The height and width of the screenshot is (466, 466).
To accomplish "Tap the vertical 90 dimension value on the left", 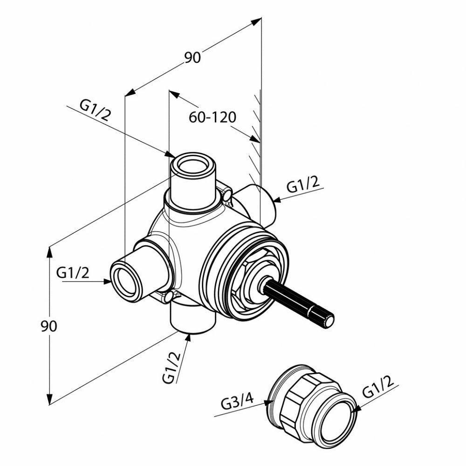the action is (x=48, y=326).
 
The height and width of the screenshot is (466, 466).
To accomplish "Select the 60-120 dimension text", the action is (x=212, y=117).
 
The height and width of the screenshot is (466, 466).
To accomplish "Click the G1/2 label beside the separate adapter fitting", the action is (x=377, y=388).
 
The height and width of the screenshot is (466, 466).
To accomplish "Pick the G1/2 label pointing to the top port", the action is (x=95, y=111).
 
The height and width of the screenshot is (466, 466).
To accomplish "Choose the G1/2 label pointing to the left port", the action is (x=73, y=273).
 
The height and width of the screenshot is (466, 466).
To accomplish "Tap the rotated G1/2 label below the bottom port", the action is (x=172, y=367).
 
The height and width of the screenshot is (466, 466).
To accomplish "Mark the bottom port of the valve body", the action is (x=192, y=319).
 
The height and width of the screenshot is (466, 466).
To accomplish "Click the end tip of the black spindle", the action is (x=329, y=321).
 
